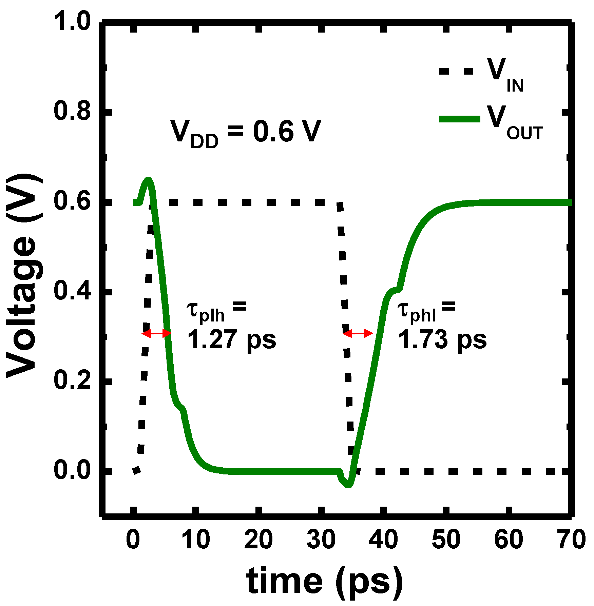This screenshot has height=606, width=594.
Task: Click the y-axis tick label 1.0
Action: pyautogui.click(x=72, y=21)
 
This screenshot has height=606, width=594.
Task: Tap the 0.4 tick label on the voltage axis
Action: pyautogui.click(x=72, y=291)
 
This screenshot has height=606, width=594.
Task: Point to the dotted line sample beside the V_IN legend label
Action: pyautogui.click(x=456, y=71)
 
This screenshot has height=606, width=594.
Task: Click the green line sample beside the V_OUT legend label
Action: pyautogui.click(x=460, y=119)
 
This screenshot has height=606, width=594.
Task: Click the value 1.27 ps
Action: pyautogui.click(x=232, y=339)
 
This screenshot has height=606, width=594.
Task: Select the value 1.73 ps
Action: pyautogui.click(x=442, y=339)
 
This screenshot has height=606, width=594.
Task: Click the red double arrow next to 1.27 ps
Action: pyautogui.click(x=156, y=334)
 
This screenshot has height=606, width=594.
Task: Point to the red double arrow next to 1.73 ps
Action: pyautogui.click(x=358, y=334)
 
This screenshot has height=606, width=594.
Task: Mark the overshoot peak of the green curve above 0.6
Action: pyautogui.click(x=148, y=179)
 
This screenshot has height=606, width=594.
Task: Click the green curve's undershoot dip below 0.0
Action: pyautogui.click(x=348, y=485)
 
